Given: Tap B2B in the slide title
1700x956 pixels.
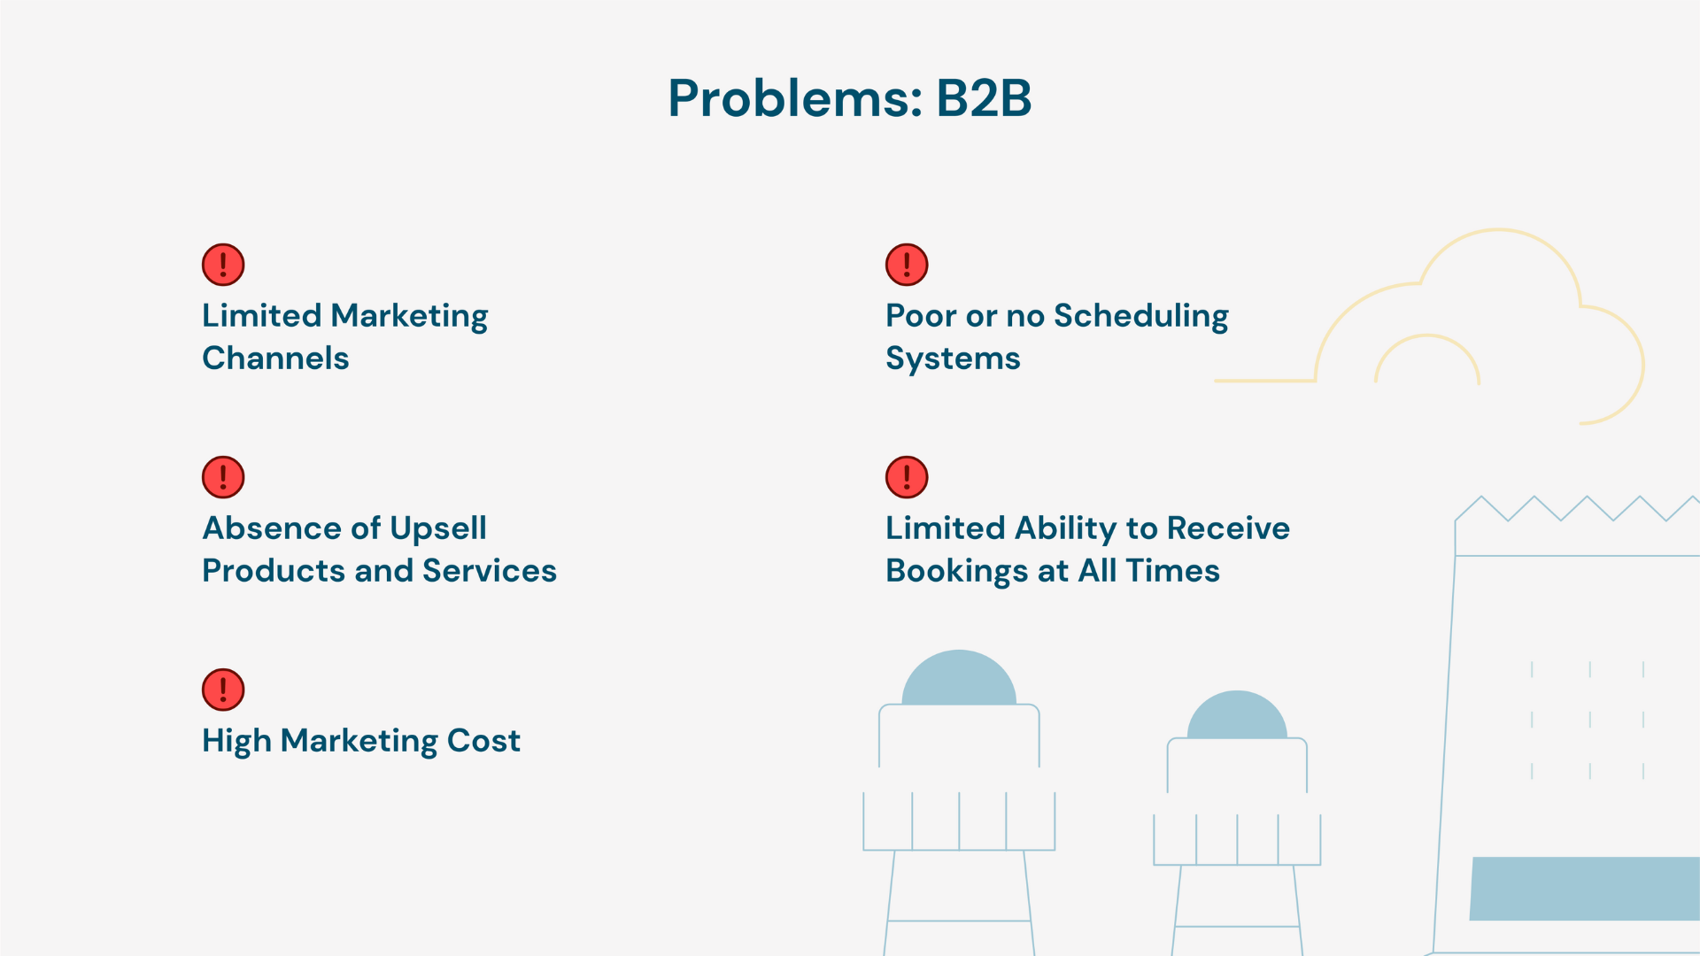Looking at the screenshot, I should [984, 97].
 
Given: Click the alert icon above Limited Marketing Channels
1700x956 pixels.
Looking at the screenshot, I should [223, 265].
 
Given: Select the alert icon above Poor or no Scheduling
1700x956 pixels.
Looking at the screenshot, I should [907, 265].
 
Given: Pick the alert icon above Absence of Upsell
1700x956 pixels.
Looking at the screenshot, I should [223, 477].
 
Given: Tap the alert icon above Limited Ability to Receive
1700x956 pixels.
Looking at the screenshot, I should [907, 477].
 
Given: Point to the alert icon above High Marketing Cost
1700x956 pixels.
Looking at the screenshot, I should [223, 690].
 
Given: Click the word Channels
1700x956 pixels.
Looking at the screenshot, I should [275, 358].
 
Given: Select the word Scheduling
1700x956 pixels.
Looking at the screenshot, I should [1140, 317].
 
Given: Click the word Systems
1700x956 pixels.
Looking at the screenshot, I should [953, 359].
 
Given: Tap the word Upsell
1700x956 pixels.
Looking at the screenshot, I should [438, 529].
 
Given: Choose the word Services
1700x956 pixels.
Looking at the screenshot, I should [490, 571].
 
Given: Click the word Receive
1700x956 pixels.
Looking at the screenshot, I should [1228, 528].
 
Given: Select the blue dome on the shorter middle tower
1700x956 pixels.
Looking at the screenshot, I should [1237, 718].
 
